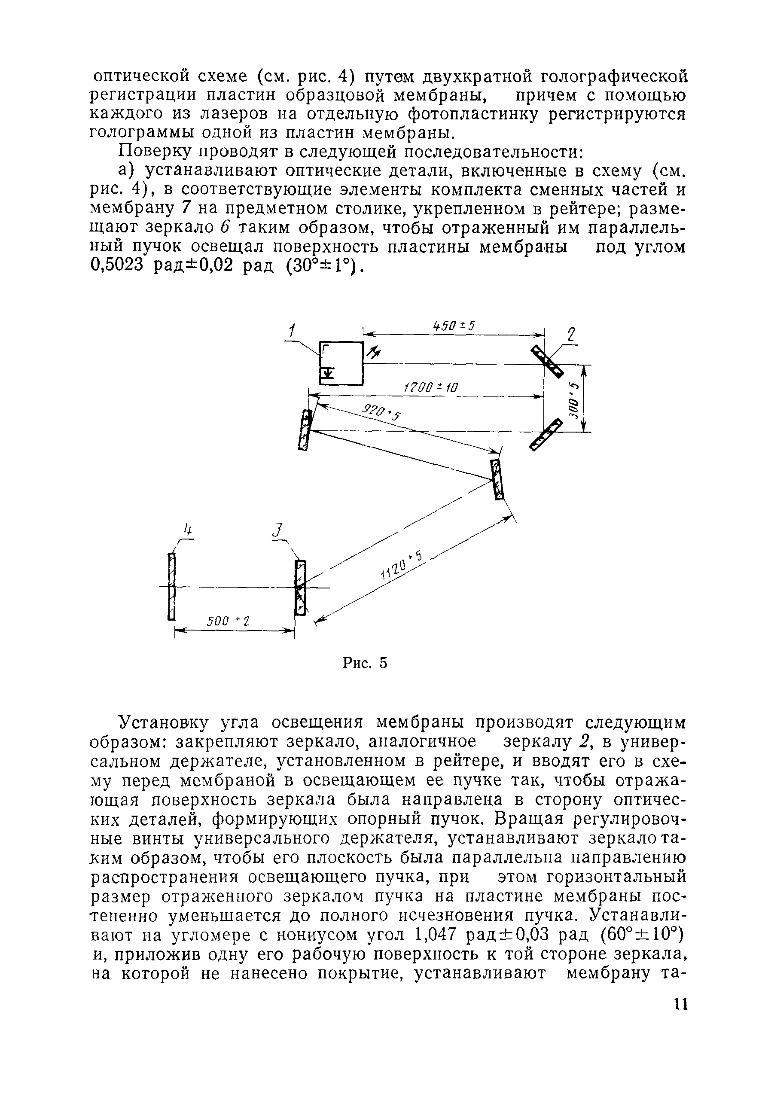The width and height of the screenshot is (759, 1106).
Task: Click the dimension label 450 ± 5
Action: pyautogui.click(x=454, y=326)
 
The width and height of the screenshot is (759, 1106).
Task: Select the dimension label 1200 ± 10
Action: pyautogui.click(x=430, y=388)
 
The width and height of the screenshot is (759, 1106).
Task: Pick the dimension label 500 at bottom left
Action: pyautogui.click(x=229, y=621)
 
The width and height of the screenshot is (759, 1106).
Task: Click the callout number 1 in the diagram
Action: pyautogui.click(x=293, y=330)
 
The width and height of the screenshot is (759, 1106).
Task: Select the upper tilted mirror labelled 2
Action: pyautogui.click(x=547, y=362)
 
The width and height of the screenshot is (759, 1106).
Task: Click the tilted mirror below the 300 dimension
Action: pyautogui.click(x=546, y=434)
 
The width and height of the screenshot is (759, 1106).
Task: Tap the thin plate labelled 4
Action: pyautogui.click(x=172, y=586)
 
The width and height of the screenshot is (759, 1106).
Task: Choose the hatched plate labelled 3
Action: pyautogui.click(x=300, y=588)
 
